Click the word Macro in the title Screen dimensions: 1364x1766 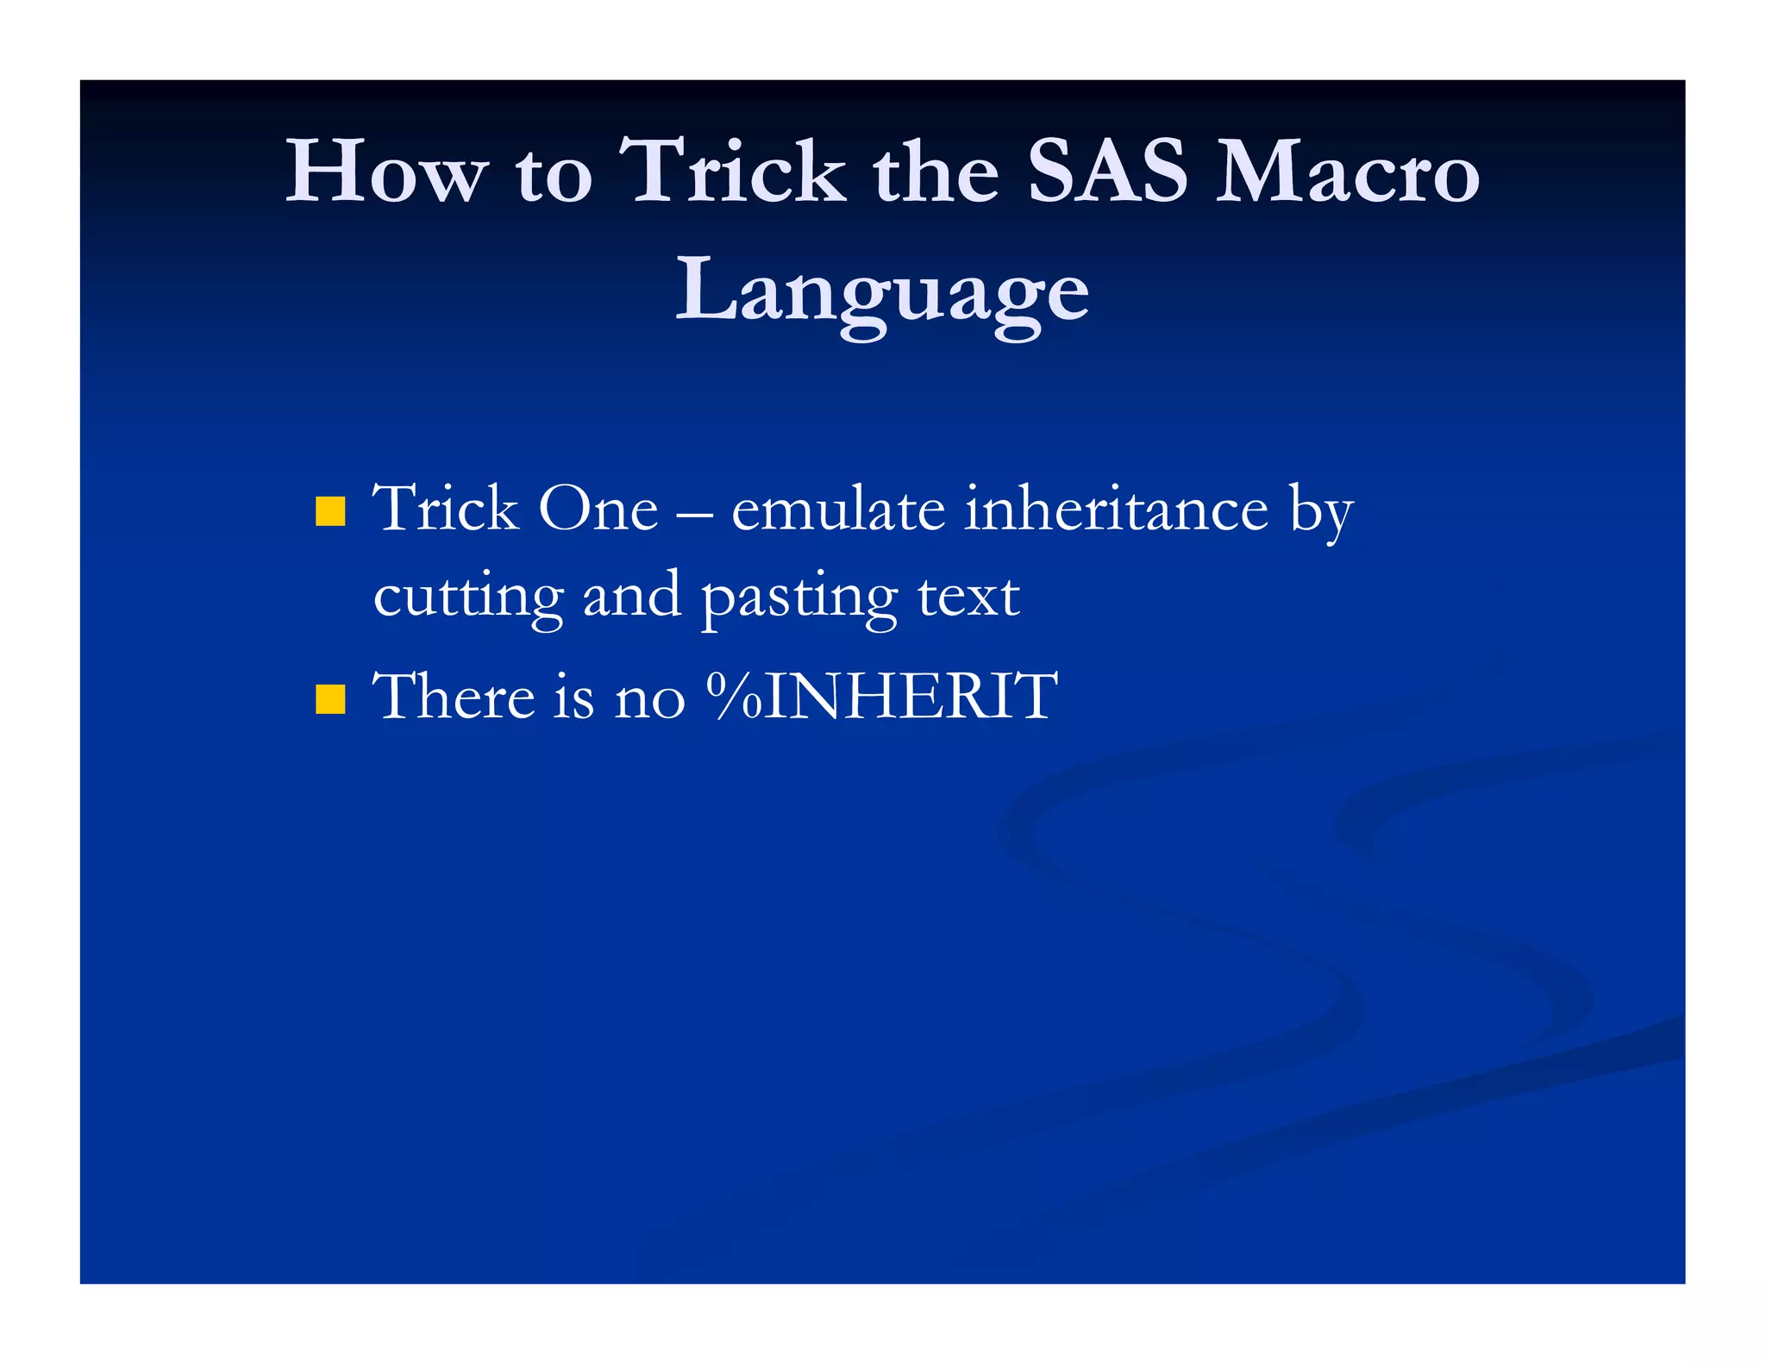click(x=1347, y=172)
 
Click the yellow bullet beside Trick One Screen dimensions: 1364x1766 click(x=330, y=511)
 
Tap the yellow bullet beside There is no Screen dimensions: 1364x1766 click(x=330, y=699)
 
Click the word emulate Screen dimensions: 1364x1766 click(x=837, y=509)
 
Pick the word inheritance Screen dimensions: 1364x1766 click(x=1116, y=509)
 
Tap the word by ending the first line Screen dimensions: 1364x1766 click(x=1321, y=513)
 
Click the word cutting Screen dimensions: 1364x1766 click(x=468, y=597)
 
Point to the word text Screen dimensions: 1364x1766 click(x=968, y=597)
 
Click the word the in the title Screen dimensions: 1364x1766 click(x=936, y=172)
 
